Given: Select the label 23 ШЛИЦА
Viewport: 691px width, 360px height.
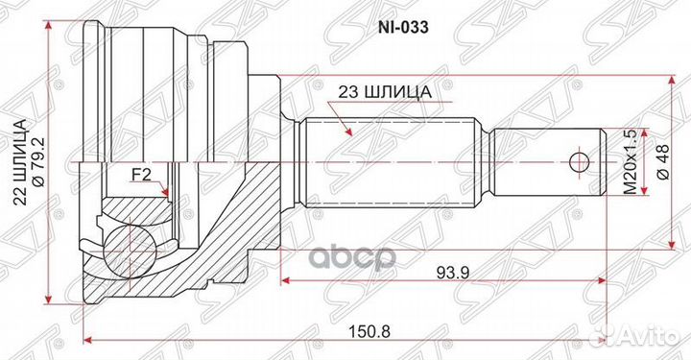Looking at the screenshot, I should click(381, 93).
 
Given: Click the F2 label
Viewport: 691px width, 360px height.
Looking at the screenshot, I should click(142, 175).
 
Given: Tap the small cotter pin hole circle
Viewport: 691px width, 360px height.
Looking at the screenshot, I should click(578, 159).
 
